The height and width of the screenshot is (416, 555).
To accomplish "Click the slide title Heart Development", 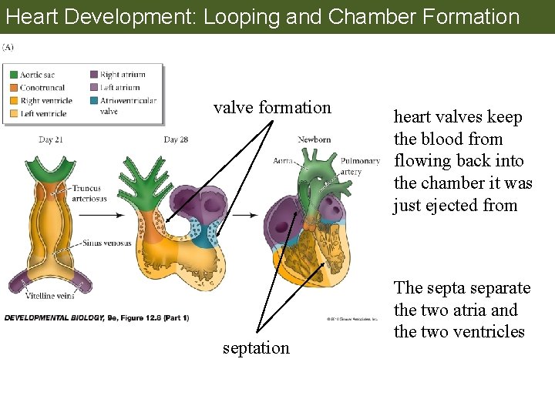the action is [x=262, y=16].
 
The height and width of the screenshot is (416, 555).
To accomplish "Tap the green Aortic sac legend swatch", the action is [x=13, y=75].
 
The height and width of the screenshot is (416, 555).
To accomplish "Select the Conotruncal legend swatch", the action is [x=13, y=88].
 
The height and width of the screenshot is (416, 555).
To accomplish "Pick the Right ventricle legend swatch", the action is [x=13, y=100].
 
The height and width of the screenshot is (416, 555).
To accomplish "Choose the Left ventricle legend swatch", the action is [x=13, y=113].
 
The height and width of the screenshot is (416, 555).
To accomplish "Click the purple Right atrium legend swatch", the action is [x=93, y=75].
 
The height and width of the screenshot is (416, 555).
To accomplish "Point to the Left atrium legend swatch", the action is [x=93, y=88].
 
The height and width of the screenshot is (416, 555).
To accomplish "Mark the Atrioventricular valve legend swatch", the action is [x=93, y=101].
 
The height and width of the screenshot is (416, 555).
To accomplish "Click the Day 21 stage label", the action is [x=51, y=139].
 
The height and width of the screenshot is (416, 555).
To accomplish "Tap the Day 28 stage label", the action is [x=176, y=139].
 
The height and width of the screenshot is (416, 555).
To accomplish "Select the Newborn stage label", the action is [x=314, y=139].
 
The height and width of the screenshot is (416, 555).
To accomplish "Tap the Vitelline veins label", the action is [x=49, y=296].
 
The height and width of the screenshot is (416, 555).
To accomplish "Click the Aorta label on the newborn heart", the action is [x=284, y=161].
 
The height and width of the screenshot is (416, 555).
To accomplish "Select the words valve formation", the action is [x=272, y=107].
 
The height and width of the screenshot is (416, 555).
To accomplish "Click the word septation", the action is [x=256, y=347].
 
